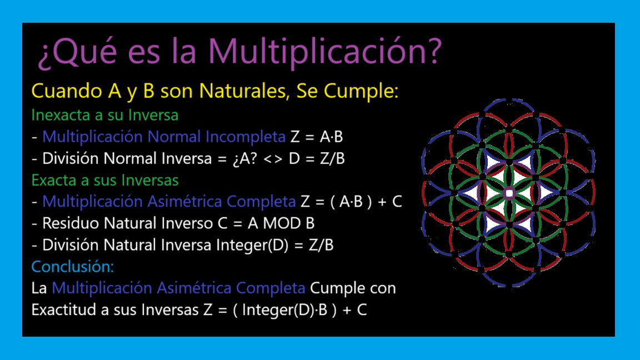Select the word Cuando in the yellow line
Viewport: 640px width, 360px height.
(67, 91)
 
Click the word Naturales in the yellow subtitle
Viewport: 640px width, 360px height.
(245, 91)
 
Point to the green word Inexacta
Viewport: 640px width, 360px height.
(61, 115)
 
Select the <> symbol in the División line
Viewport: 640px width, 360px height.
(273, 158)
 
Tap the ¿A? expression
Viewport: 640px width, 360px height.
(245, 158)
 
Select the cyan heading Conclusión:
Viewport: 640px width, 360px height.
(73, 267)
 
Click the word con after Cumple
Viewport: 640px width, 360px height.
(383, 288)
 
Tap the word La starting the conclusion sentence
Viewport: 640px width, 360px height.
(39, 288)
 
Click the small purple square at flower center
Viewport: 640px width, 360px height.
(509, 193)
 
